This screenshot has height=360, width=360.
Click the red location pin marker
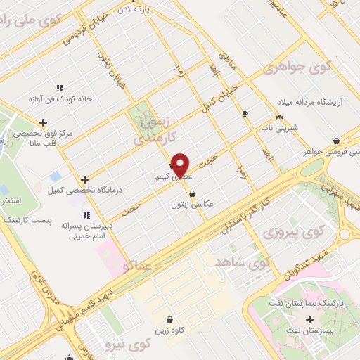[x=181, y=166]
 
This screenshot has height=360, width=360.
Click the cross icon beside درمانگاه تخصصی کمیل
[x=85, y=179]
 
